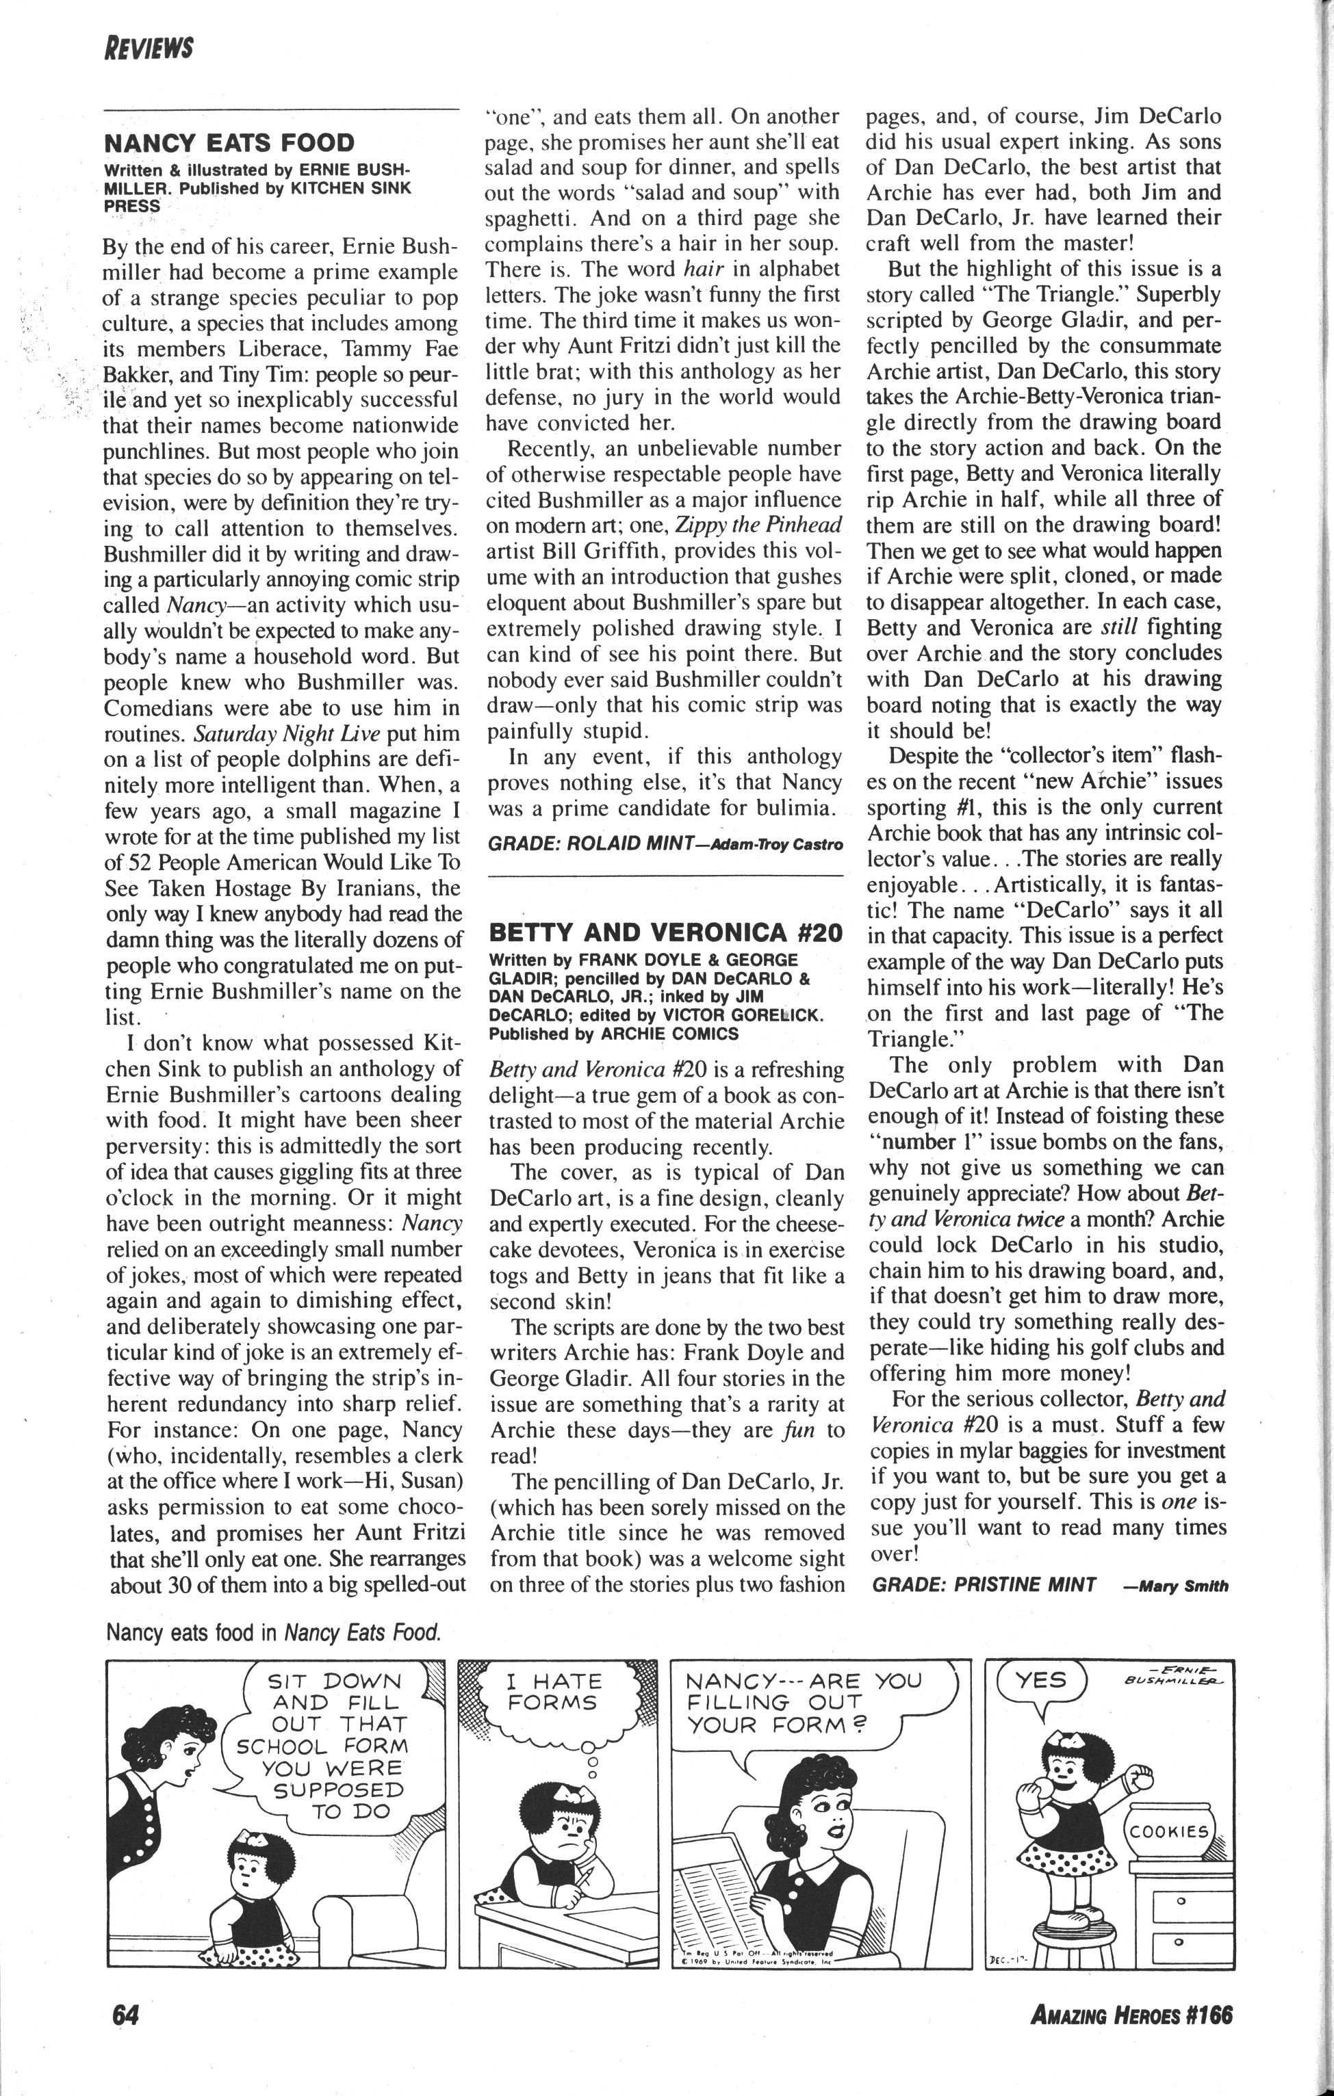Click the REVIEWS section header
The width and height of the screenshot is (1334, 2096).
(x=148, y=47)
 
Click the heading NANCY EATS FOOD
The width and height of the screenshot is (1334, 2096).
(x=229, y=143)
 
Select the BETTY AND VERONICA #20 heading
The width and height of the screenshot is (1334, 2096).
(x=666, y=933)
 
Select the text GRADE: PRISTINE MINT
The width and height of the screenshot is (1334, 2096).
(x=984, y=1584)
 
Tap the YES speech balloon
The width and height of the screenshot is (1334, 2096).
(x=1042, y=1681)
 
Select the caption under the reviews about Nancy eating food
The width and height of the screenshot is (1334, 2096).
(x=272, y=1632)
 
